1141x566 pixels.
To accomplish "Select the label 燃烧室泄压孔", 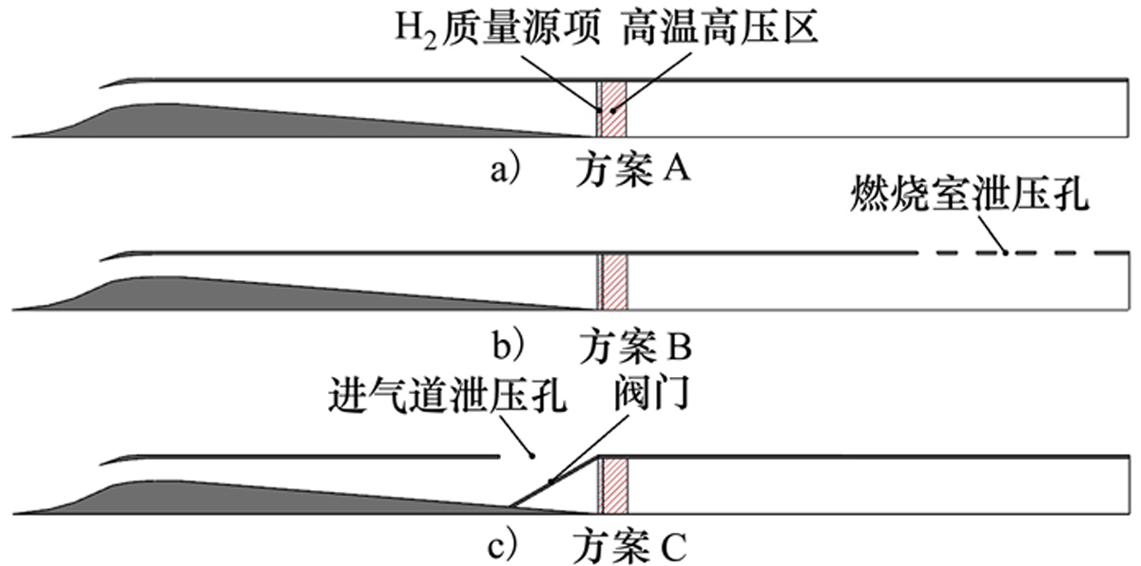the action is [x=969, y=193].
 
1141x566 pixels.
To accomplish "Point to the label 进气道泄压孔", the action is [x=448, y=395].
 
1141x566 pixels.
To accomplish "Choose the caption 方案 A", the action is [x=633, y=170].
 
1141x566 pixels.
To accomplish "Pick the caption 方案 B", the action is [x=635, y=348].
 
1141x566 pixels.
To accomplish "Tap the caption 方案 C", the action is [x=629, y=547].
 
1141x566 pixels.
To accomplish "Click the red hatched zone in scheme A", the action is [x=614, y=109].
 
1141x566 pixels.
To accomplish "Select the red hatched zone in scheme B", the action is [x=615, y=282].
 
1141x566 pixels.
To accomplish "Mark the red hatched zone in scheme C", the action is [x=615, y=485].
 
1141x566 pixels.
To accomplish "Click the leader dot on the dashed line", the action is [x=1005, y=253].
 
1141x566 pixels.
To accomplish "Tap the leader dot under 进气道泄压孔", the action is [x=532, y=456].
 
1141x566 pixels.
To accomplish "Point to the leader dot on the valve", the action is [x=551, y=481].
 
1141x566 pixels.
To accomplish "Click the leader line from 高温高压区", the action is [x=652, y=81].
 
